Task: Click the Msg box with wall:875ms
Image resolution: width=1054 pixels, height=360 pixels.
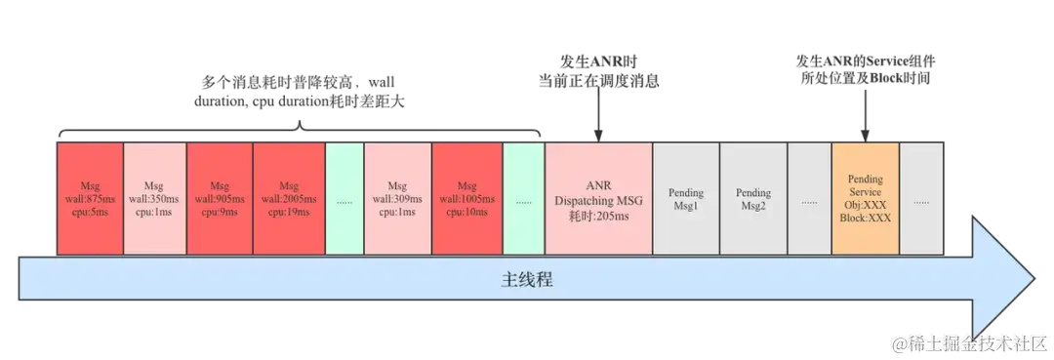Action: [91, 199]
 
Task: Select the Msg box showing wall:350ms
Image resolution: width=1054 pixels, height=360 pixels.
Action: [154, 199]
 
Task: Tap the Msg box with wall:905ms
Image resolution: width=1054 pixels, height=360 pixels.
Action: [220, 199]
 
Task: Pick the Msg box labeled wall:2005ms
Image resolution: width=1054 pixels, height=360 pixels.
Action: [289, 199]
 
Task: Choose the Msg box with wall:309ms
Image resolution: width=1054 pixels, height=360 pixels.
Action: [396, 199]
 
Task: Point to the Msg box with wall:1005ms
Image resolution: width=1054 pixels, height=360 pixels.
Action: [466, 199]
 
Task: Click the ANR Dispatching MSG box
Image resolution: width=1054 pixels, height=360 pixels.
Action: [598, 199]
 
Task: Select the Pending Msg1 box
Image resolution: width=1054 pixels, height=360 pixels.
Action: [686, 199]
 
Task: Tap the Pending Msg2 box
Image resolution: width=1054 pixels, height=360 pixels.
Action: [753, 199]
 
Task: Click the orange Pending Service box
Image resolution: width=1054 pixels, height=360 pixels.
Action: [866, 199]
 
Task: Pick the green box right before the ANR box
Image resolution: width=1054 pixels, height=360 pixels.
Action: [524, 199]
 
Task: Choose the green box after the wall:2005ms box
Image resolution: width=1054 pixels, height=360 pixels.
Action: [344, 199]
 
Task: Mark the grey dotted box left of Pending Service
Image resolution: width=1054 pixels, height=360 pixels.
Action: [809, 199]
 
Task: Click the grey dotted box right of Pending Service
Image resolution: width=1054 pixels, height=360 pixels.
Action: [921, 199]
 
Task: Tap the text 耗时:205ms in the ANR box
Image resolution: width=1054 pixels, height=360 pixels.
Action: [598, 216]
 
